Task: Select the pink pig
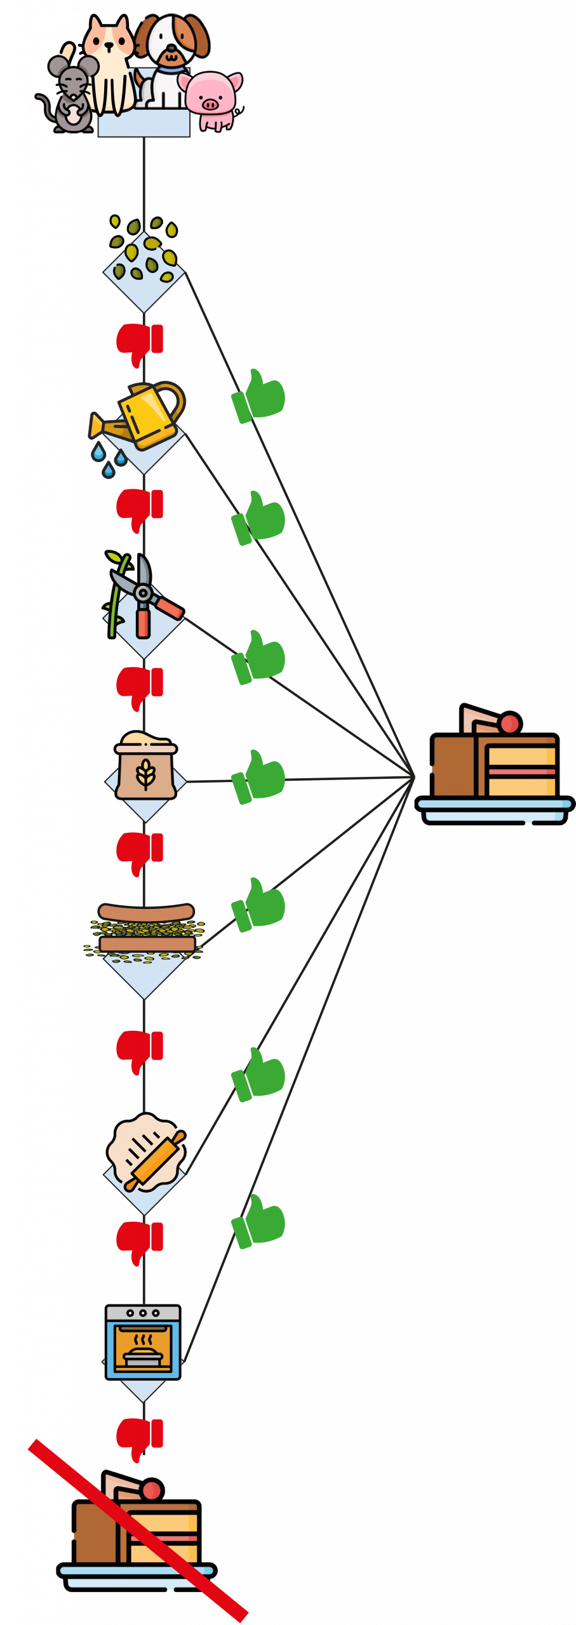[x=212, y=99]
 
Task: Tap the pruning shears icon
[x=143, y=597]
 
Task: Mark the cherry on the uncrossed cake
[x=511, y=723]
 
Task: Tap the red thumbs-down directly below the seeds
[x=140, y=343]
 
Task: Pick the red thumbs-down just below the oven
[x=140, y=1438]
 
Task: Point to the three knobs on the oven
[x=143, y=1313]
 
